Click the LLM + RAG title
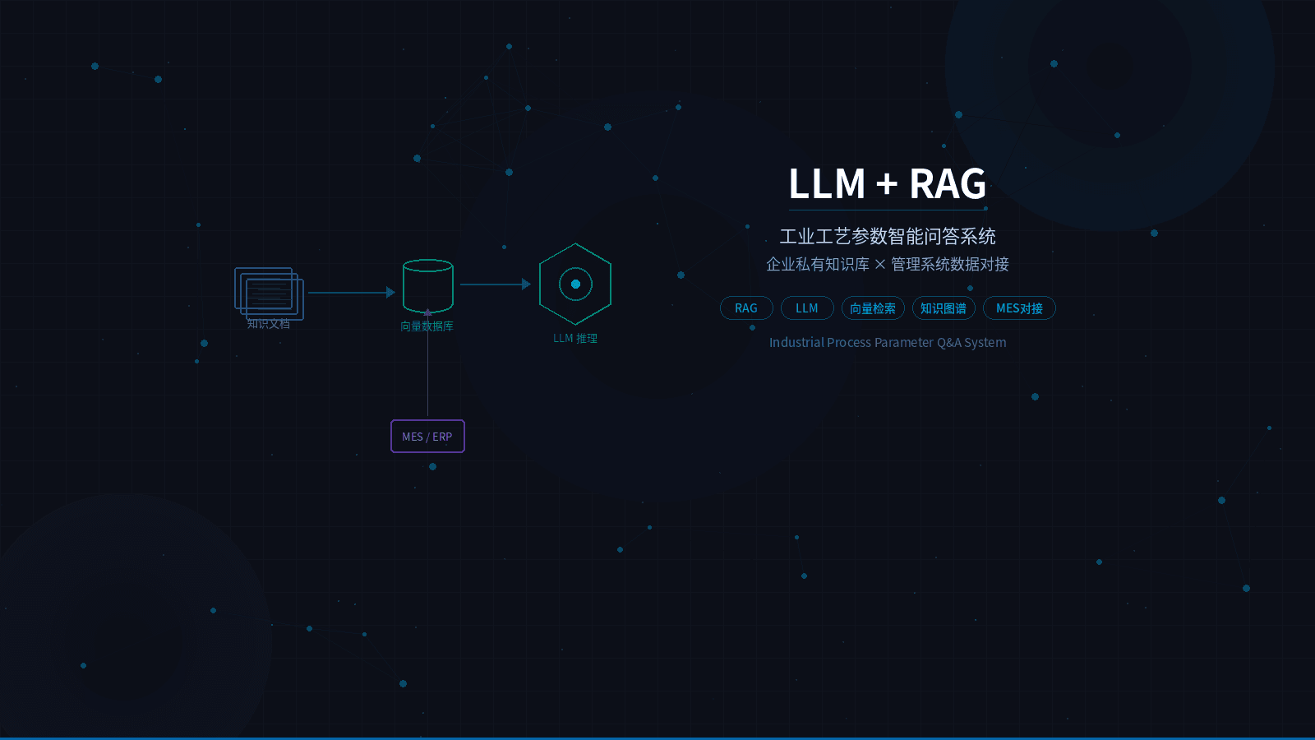(887, 183)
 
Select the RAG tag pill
(746, 308)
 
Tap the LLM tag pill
(807, 308)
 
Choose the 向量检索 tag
(873, 308)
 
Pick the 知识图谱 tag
(944, 308)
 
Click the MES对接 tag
(1019, 308)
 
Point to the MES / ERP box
(427, 437)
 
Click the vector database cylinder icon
(428, 284)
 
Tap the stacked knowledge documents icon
(269, 293)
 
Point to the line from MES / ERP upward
(427, 370)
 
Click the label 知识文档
(269, 324)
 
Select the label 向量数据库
(427, 326)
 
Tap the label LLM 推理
(575, 339)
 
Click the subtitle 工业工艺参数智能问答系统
(888, 237)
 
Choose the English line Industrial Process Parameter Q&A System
(888, 343)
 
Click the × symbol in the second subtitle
(880, 264)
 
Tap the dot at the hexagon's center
(575, 284)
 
